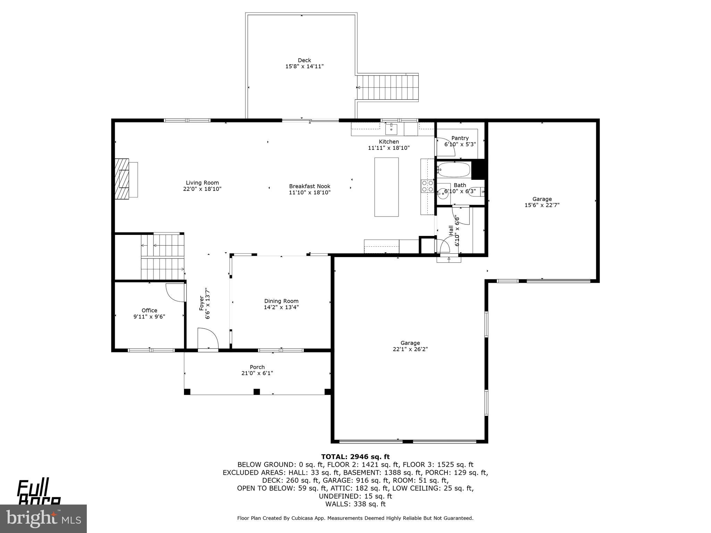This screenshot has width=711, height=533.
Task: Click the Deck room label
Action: click(304, 60)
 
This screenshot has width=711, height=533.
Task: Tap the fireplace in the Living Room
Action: click(122, 179)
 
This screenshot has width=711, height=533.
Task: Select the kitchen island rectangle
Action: click(386, 187)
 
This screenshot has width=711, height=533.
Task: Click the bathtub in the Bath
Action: click(454, 170)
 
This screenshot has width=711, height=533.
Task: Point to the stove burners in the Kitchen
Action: click(427, 186)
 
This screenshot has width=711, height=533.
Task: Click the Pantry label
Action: click(460, 138)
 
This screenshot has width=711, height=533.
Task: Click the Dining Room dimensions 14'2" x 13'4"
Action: click(281, 307)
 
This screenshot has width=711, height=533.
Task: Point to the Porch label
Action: click(257, 367)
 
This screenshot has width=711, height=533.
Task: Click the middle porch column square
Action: click(257, 392)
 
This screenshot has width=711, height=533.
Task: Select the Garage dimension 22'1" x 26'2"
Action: click(410, 349)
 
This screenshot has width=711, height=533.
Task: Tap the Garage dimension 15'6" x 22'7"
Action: click(542, 205)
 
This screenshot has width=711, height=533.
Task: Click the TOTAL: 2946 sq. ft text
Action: click(355, 457)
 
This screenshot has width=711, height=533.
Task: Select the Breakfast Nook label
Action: click(310, 186)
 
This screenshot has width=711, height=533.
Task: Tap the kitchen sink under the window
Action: click(391, 129)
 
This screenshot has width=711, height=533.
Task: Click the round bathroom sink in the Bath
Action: click(442, 194)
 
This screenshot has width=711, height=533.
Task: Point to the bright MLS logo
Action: click(43, 518)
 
